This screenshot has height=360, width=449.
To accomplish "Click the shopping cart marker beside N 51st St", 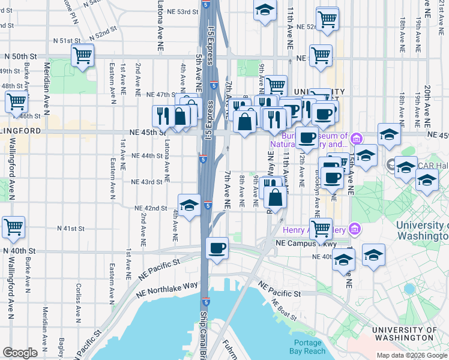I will tap(83, 56).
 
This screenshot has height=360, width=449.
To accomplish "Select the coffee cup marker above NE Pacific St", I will tap(217, 247).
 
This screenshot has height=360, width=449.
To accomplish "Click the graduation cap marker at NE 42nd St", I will tap(189, 205).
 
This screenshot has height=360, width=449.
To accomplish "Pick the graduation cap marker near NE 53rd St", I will tap(264, 10).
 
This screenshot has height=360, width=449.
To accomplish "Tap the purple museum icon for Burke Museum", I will tap(356, 139).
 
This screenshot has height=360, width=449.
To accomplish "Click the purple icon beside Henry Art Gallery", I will tap(354, 229).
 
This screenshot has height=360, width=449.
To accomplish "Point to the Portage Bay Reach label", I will tap(307, 347).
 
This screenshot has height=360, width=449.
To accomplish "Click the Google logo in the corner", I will tap(20, 352).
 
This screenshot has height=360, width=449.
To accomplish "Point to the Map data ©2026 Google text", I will tap(412, 355).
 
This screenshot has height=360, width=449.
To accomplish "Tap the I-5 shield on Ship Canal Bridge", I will tap(205, 302).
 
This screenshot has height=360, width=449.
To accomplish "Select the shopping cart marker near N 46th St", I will tap(16, 101).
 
